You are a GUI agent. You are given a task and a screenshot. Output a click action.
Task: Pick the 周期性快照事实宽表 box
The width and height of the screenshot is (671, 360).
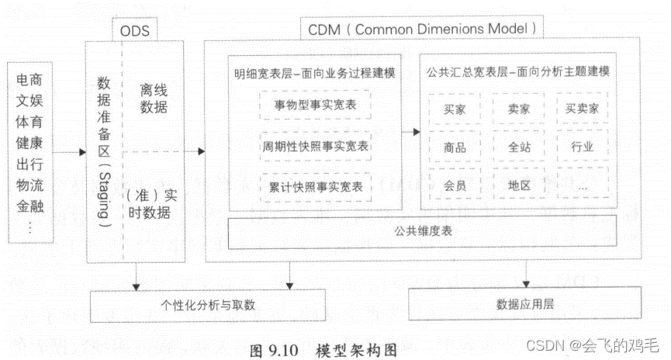click(315, 145)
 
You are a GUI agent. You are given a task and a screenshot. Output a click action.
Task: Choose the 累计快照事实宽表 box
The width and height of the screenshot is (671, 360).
click(316, 186)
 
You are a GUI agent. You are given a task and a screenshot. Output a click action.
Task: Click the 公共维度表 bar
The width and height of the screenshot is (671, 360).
click(421, 230)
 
